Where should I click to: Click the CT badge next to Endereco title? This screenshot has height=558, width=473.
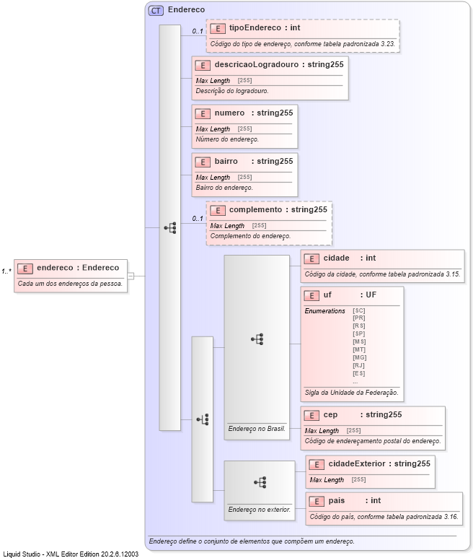click(x=155, y=10)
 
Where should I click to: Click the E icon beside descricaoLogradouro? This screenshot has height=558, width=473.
click(x=203, y=64)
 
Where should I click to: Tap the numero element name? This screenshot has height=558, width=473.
click(x=229, y=113)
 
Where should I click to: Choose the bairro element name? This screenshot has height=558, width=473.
click(x=226, y=161)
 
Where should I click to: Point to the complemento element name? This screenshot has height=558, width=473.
click(x=255, y=209)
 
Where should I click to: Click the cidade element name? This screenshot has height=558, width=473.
click(x=336, y=258)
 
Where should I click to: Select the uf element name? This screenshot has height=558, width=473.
click(x=327, y=295)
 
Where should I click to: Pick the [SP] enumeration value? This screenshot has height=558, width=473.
click(x=358, y=334)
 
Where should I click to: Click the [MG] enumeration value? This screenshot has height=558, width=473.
click(x=359, y=357)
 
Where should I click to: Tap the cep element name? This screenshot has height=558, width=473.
click(x=330, y=414)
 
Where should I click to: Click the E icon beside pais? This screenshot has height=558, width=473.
click(x=316, y=501)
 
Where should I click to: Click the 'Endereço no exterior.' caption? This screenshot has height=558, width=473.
click(x=259, y=509)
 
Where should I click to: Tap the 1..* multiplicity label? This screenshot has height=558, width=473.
click(x=6, y=271)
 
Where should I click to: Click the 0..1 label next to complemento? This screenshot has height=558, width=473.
click(x=197, y=218)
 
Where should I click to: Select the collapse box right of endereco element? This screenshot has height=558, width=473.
click(x=131, y=275)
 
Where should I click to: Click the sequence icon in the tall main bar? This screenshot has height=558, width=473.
click(x=170, y=227)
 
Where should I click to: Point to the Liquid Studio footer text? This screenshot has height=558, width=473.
click(x=70, y=553)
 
